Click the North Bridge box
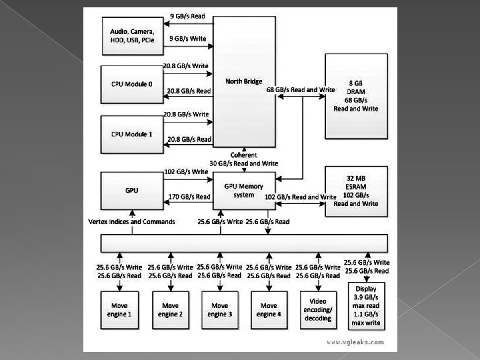tap(243, 81)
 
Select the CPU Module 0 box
tap(131, 85)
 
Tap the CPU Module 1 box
tap(131, 134)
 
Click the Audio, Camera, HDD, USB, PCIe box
tap(131, 35)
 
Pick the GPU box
tap(131, 190)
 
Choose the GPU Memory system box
tap(243, 190)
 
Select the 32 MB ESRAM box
tap(355, 191)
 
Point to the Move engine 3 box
tap(220, 309)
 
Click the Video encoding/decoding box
tap(319, 309)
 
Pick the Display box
tap(367, 305)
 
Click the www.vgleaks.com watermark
tap(355, 341)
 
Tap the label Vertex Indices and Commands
tap(131, 221)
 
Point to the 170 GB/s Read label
tap(189, 197)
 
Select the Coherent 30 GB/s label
tap(243, 159)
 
